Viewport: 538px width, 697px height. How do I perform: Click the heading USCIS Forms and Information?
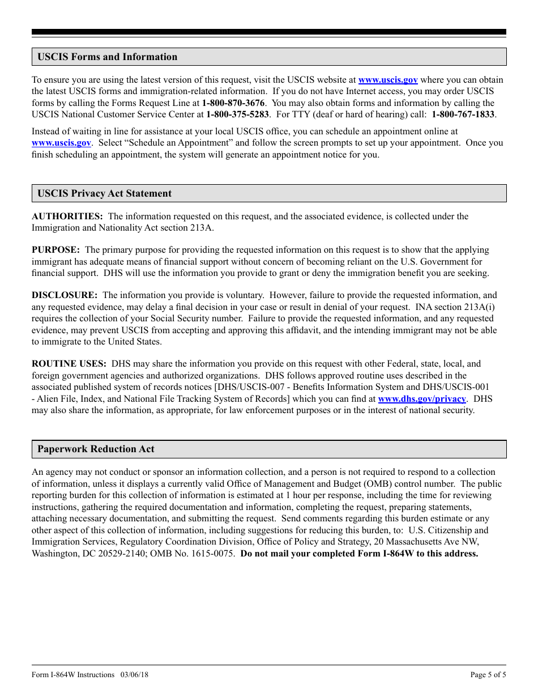click(107, 57)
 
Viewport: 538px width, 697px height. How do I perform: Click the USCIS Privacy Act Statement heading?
click(104, 193)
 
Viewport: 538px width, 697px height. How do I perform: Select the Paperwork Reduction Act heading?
click(96, 449)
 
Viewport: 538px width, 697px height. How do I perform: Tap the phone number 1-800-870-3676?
click(233, 103)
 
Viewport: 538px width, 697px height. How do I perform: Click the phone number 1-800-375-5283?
click(237, 114)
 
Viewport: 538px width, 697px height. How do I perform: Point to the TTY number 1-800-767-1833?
click(463, 114)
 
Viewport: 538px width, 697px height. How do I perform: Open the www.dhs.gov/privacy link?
click(421, 399)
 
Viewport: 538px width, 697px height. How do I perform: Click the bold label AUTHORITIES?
click(67, 216)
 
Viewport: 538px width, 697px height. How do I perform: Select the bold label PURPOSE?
click(55, 250)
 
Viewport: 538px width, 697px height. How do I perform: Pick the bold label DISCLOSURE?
click(65, 295)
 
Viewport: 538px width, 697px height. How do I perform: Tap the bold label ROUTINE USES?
click(69, 364)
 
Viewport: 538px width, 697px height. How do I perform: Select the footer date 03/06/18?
click(134, 675)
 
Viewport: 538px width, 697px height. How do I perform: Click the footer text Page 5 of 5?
click(488, 675)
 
